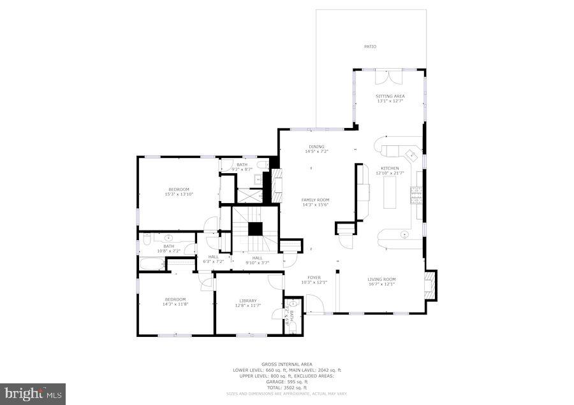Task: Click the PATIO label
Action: pos(370,46)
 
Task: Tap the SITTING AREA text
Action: pos(390,96)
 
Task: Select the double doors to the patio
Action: pos(388,77)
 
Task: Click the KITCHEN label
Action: pos(390,168)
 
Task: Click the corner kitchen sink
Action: pos(409,153)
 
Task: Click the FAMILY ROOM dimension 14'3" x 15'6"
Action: pos(315,205)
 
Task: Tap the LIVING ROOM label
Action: pos(381,279)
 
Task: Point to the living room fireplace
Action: pos(430,285)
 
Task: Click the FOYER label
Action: pos(314,278)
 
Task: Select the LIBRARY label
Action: pos(248,301)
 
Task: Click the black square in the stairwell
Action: pos(255,229)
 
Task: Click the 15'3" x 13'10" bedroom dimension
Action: pos(179,194)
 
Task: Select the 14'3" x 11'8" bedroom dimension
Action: pos(175,304)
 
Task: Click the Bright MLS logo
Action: pos(33,394)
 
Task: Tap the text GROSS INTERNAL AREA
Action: pos(286,364)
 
